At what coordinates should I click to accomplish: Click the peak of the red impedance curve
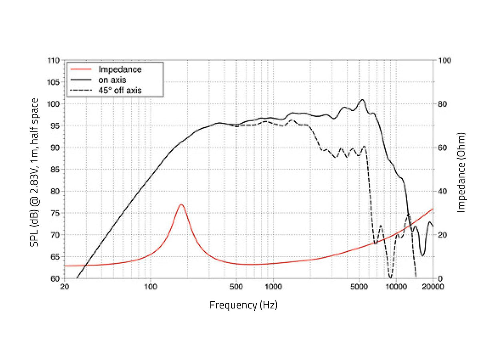point(181,204)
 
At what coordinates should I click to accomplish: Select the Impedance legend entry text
point(120,69)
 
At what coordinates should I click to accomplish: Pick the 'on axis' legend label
point(112,80)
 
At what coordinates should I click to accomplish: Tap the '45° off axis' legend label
point(120,90)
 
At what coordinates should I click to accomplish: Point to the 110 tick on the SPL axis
point(54,60)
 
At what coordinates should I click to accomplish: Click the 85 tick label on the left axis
point(55,169)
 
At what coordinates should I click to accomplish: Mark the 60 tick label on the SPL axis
point(55,279)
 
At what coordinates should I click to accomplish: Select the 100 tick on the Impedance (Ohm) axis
point(444,60)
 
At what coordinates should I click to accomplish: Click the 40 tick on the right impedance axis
point(443,192)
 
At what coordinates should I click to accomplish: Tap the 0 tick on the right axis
point(440,279)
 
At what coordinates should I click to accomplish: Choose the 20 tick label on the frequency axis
point(64,286)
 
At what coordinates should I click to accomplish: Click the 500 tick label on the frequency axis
point(236,286)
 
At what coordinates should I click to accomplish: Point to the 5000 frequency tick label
point(359,286)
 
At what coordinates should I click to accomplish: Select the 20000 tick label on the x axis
point(433,286)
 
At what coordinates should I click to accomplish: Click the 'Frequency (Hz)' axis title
point(243,305)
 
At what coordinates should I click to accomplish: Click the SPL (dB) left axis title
point(34,172)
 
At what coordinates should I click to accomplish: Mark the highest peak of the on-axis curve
point(362,100)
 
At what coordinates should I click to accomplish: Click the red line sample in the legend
point(81,69)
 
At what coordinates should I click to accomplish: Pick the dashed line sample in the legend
point(81,90)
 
